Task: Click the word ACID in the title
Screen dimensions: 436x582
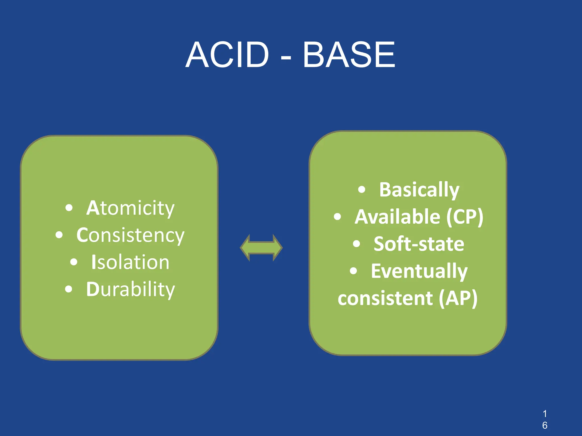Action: point(227,54)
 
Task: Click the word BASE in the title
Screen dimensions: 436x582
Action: point(349,54)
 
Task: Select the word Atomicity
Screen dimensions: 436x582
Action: point(130,208)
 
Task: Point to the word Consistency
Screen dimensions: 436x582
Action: point(130,235)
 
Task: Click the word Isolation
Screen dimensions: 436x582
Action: point(130,262)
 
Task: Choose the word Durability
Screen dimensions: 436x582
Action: point(130,289)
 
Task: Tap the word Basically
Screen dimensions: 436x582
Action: point(419,190)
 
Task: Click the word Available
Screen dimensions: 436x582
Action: point(397,217)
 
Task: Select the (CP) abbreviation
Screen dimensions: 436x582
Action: point(465,217)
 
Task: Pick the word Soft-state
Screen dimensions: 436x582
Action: point(419,244)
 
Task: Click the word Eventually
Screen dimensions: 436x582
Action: point(419,271)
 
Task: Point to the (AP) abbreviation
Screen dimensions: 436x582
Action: point(458,298)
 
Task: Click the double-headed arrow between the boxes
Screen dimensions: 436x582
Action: point(261,248)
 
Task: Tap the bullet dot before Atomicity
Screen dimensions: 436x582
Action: point(69,208)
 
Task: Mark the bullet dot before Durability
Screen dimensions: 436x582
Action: point(68,289)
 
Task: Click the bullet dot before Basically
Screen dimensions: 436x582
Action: point(361,189)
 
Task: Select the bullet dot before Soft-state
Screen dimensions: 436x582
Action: point(356,244)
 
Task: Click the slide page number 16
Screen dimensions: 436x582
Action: point(544,419)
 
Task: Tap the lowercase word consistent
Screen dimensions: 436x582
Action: point(385,298)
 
